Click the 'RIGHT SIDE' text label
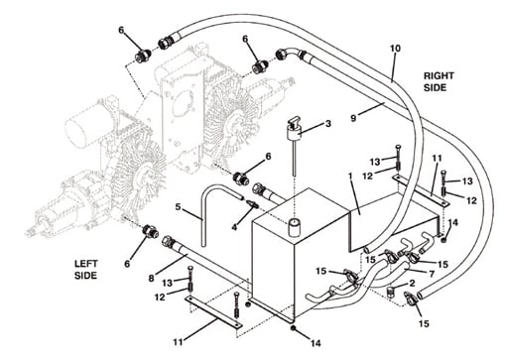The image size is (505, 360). point(439,81)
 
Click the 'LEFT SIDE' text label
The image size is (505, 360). point(86,270)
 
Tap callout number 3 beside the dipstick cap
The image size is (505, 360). point(328,124)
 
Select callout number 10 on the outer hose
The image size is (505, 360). point(395,49)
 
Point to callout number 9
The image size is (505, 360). point(353,118)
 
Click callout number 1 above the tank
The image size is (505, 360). point(350,177)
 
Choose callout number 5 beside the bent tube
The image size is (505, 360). point(178,207)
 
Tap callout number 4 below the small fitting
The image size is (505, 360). point(234,227)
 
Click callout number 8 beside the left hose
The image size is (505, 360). point(151,278)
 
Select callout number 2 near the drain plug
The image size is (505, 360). point(412,283)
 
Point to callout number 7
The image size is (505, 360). point(432,274)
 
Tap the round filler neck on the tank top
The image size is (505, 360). point(294,228)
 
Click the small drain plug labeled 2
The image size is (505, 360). point(391,293)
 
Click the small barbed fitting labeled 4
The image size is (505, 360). point(253,203)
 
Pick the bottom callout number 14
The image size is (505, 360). point(316,343)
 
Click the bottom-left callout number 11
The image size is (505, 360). point(179,342)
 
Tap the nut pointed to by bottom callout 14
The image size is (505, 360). point(293,328)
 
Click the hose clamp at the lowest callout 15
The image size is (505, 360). point(410,299)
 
